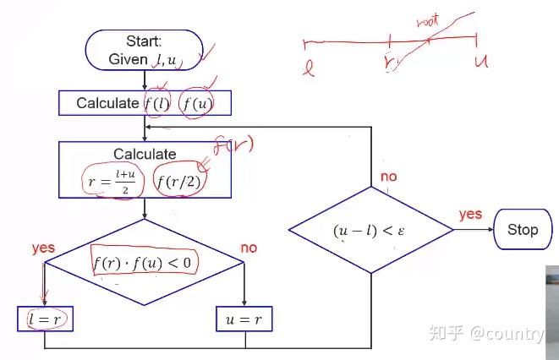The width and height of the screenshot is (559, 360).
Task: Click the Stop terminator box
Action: click(x=523, y=229)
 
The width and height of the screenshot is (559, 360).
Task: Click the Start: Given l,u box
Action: click(x=145, y=50)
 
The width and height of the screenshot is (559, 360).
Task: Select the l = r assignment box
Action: click(x=46, y=319)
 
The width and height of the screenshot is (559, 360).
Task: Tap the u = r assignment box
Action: click(x=244, y=319)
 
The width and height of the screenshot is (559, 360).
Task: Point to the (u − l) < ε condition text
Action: click(x=369, y=231)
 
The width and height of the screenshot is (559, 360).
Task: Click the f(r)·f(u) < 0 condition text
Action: click(x=143, y=263)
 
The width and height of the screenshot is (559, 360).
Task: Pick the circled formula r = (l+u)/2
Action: click(x=112, y=181)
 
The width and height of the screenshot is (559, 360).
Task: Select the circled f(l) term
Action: click(x=157, y=104)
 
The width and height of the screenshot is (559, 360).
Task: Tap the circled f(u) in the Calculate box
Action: click(x=197, y=104)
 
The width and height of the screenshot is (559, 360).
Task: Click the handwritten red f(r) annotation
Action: click(x=233, y=145)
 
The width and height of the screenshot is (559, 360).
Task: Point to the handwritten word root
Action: click(x=427, y=21)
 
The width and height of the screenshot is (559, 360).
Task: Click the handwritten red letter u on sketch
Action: click(x=481, y=62)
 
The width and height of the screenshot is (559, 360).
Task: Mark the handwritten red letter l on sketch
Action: click(x=309, y=68)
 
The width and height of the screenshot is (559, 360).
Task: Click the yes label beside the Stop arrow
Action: click(x=470, y=215)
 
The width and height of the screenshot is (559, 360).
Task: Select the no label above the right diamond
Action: click(x=388, y=177)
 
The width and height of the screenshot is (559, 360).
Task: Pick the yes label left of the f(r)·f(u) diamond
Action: click(x=43, y=248)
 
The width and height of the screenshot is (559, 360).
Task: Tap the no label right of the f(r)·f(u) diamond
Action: click(x=249, y=248)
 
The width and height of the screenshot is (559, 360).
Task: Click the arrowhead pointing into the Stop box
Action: click(x=490, y=229)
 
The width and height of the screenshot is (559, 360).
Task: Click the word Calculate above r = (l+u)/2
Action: click(x=145, y=154)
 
